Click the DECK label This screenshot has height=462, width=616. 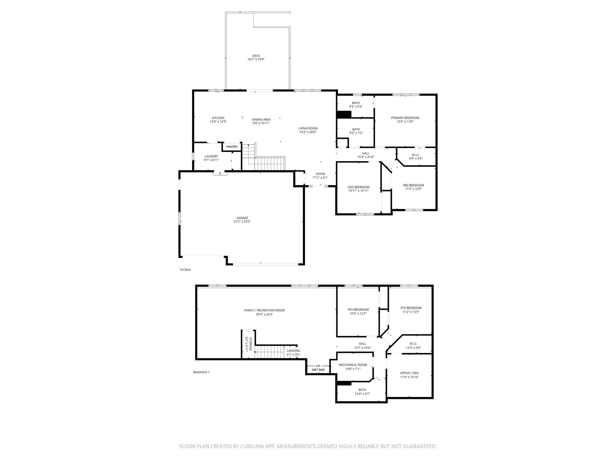[256, 56]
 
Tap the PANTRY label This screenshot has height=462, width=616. [232, 147]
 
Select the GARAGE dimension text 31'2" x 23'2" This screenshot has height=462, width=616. [242, 222]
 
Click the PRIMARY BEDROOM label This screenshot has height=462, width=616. [405, 118]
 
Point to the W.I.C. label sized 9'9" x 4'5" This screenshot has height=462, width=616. [416, 155]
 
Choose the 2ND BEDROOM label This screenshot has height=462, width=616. [358, 187]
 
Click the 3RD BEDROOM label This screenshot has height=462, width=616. [413, 185]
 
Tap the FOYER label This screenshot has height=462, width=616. [320, 174]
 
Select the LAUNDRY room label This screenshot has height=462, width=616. [211, 156]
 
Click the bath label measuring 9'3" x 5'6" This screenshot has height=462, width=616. [356, 103]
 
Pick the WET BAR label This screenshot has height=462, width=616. [318, 370]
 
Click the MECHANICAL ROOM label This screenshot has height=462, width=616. [353, 365]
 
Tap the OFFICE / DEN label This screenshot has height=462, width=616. [409, 373]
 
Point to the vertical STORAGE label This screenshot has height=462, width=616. [251, 344]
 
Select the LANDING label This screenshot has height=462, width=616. [293, 351]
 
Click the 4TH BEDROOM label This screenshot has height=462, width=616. [358, 310]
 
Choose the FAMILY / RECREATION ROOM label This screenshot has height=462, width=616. [264, 310]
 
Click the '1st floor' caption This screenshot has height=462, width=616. [185, 270]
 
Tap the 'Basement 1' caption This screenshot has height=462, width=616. [201, 372]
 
